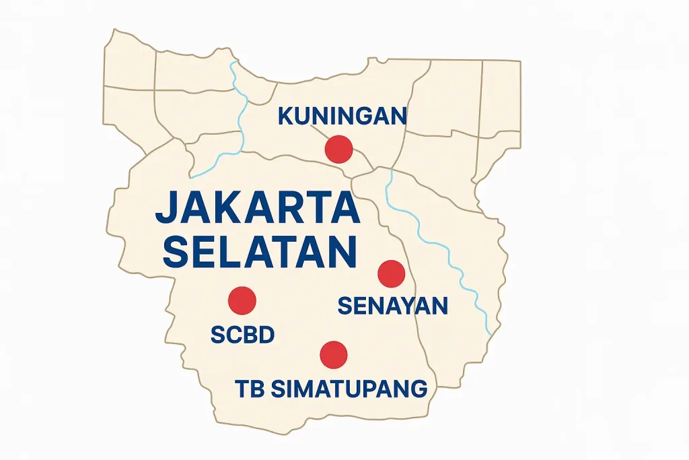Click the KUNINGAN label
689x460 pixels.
point(342,117)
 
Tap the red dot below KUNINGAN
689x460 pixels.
point(338,149)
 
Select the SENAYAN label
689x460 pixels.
point(392,306)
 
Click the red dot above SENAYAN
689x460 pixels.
point(391,273)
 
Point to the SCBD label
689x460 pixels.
point(242,335)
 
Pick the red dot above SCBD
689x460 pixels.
point(242,300)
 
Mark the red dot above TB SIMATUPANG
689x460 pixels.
point(334,354)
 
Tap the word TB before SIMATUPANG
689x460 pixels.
point(248,389)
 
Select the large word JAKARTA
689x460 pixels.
point(257,209)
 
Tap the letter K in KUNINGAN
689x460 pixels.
point(285,117)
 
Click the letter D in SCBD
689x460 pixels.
point(266,335)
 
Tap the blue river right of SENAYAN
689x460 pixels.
point(444,249)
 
